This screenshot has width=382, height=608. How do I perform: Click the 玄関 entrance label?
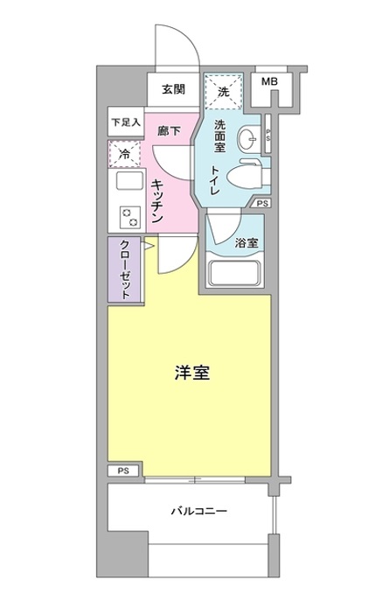[173, 89]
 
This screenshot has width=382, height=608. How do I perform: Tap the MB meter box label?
[269, 82]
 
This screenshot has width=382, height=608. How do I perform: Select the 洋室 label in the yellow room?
[192, 373]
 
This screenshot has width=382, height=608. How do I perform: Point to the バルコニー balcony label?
[199, 511]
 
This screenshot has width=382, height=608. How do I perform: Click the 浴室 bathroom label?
[247, 243]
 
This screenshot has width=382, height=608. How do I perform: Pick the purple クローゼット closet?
[126, 269]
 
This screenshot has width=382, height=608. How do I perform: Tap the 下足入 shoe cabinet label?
[125, 122]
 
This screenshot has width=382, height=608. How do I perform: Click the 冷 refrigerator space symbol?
[124, 154]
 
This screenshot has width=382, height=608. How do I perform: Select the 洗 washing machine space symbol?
[223, 92]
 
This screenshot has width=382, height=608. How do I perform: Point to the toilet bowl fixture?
[244, 177]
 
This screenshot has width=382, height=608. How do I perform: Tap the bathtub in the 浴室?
[233, 273]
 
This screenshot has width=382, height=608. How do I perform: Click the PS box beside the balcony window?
[123, 471]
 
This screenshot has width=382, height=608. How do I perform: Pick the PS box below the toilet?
[262, 203]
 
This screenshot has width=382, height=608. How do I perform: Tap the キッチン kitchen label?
[156, 201]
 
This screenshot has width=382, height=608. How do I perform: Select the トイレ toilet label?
[215, 180]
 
